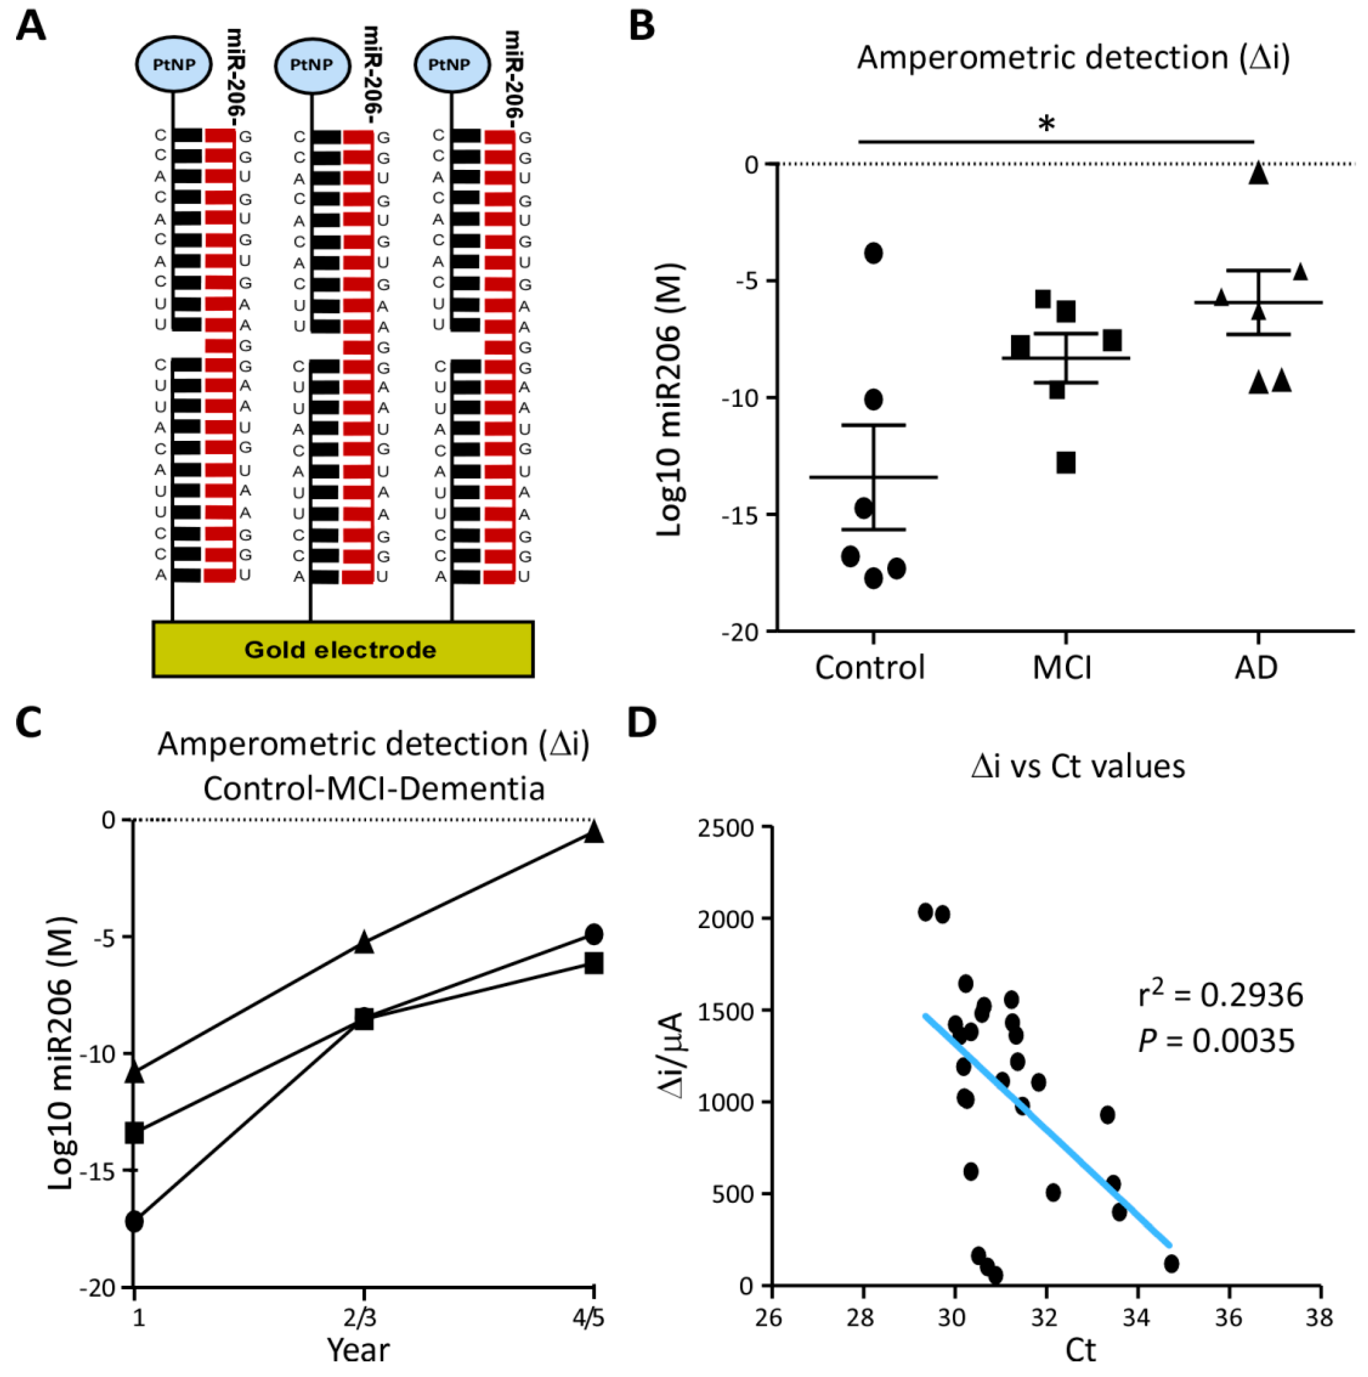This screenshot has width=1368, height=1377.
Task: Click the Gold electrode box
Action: (x=342, y=649)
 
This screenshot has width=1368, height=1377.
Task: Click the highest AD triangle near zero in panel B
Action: (x=1258, y=173)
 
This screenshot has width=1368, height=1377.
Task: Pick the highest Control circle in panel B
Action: (x=873, y=253)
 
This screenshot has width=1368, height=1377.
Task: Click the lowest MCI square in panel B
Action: (x=1066, y=463)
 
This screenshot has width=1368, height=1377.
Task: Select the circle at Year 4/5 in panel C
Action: (x=594, y=933)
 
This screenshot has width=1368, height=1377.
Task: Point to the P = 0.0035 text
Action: (x=1216, y=1041)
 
